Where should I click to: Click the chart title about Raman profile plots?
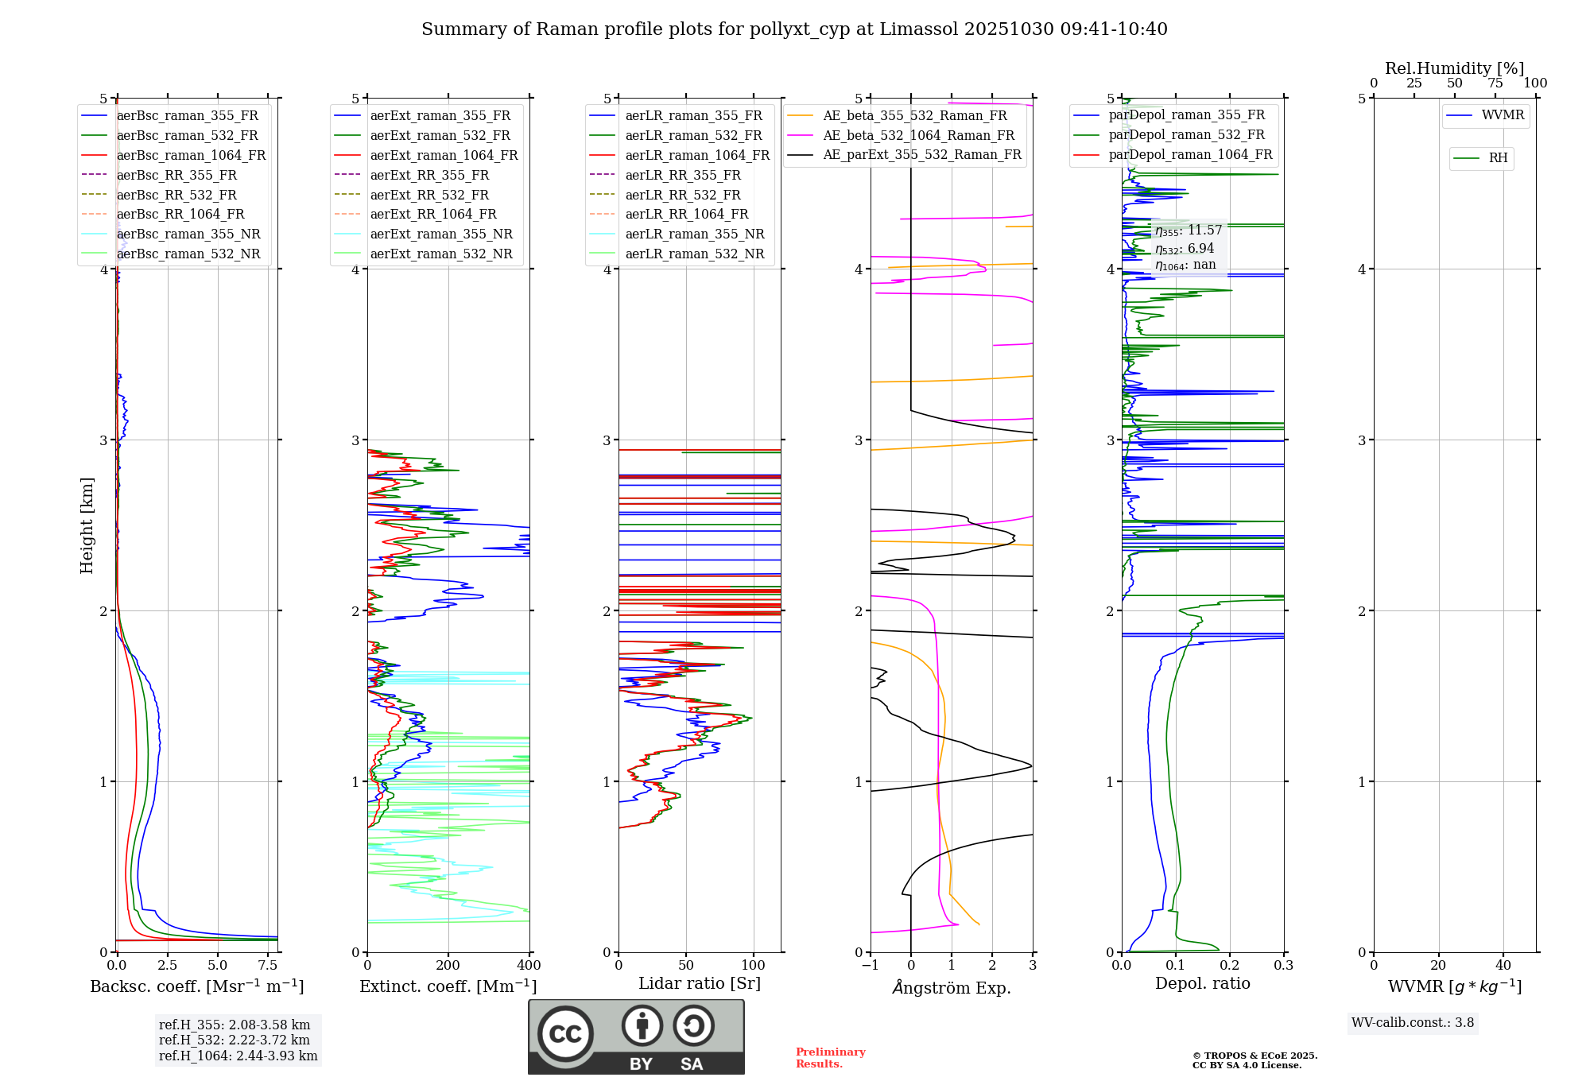point(794,29)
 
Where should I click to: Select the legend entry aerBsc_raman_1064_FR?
point(191,155)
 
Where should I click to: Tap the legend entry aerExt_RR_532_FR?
point(429,195)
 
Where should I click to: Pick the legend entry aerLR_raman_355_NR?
point(694,234)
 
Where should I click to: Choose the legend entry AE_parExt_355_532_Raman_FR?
point(921,154)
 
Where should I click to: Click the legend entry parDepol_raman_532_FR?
point(1186,135)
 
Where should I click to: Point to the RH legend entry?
point(1498,158)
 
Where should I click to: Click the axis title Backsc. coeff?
point(196,986)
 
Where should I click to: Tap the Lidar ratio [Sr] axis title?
point(699,983)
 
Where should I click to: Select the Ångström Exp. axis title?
point(951,987)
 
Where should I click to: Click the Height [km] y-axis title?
point(87,525)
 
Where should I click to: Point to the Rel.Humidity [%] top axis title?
point(1454,68)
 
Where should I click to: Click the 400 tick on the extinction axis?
point(529,966)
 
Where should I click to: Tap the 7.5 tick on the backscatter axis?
point(268,966)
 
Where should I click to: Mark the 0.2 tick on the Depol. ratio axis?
point(1229,966)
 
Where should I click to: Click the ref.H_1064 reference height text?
point(238,1056)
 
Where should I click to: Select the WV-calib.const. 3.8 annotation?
point(1413,1022)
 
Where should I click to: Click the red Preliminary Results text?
point(830,1057)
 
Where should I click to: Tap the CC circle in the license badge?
point(565,1033)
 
